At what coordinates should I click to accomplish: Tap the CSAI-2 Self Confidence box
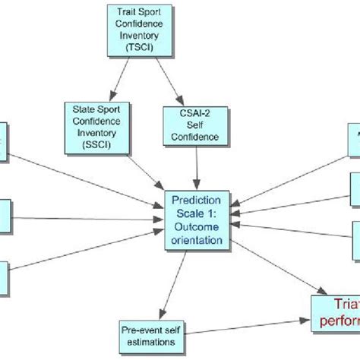click(192, 126)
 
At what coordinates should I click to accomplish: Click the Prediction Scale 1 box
click(197, 219)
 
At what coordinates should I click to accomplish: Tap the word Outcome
click(197, 227)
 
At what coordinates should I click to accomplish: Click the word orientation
click(197, 240)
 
